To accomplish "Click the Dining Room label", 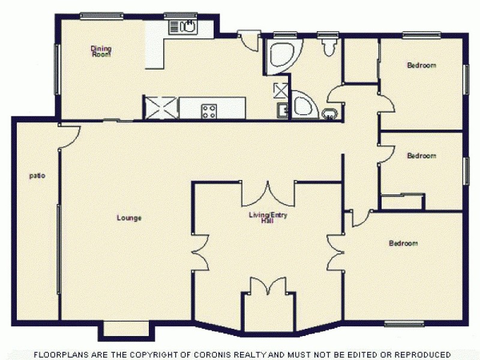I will tap(101, 51).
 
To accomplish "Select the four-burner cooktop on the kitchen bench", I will tap(209, 110).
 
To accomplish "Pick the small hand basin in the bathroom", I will tap(329, 113).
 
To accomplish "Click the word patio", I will tap(37, 176).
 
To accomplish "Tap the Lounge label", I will tap(129, 218).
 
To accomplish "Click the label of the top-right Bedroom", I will tap(421, 65).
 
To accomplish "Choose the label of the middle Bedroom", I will tap(421, 156).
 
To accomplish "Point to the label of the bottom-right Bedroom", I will tap(403, 244).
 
